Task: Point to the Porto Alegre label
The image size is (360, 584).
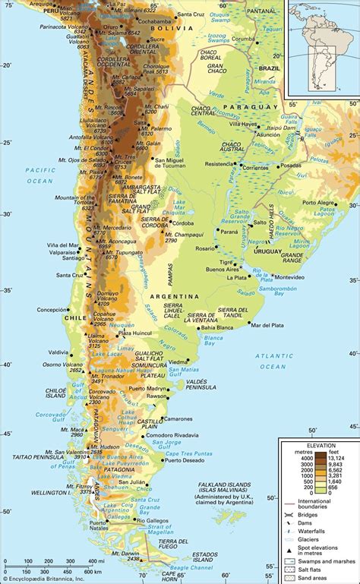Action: tap(319, 203)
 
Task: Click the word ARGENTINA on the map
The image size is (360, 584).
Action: tap(176, 297)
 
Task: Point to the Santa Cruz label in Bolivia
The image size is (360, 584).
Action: tap(189, 15)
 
